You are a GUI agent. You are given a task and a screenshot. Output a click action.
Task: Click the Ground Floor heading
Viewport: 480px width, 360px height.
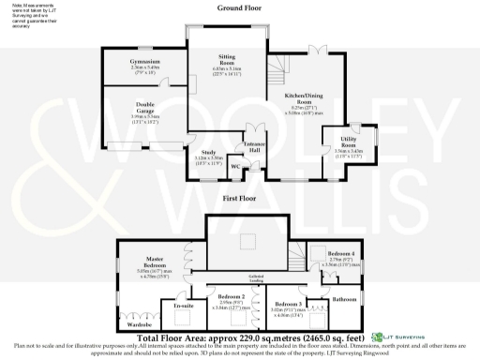point(239,7)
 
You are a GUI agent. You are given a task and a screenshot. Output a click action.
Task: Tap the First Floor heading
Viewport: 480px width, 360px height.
point(239,200)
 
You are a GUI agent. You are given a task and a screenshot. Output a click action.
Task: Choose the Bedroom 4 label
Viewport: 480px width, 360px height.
point(341,253)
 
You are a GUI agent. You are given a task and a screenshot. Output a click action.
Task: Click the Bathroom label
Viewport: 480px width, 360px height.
point(345,299)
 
